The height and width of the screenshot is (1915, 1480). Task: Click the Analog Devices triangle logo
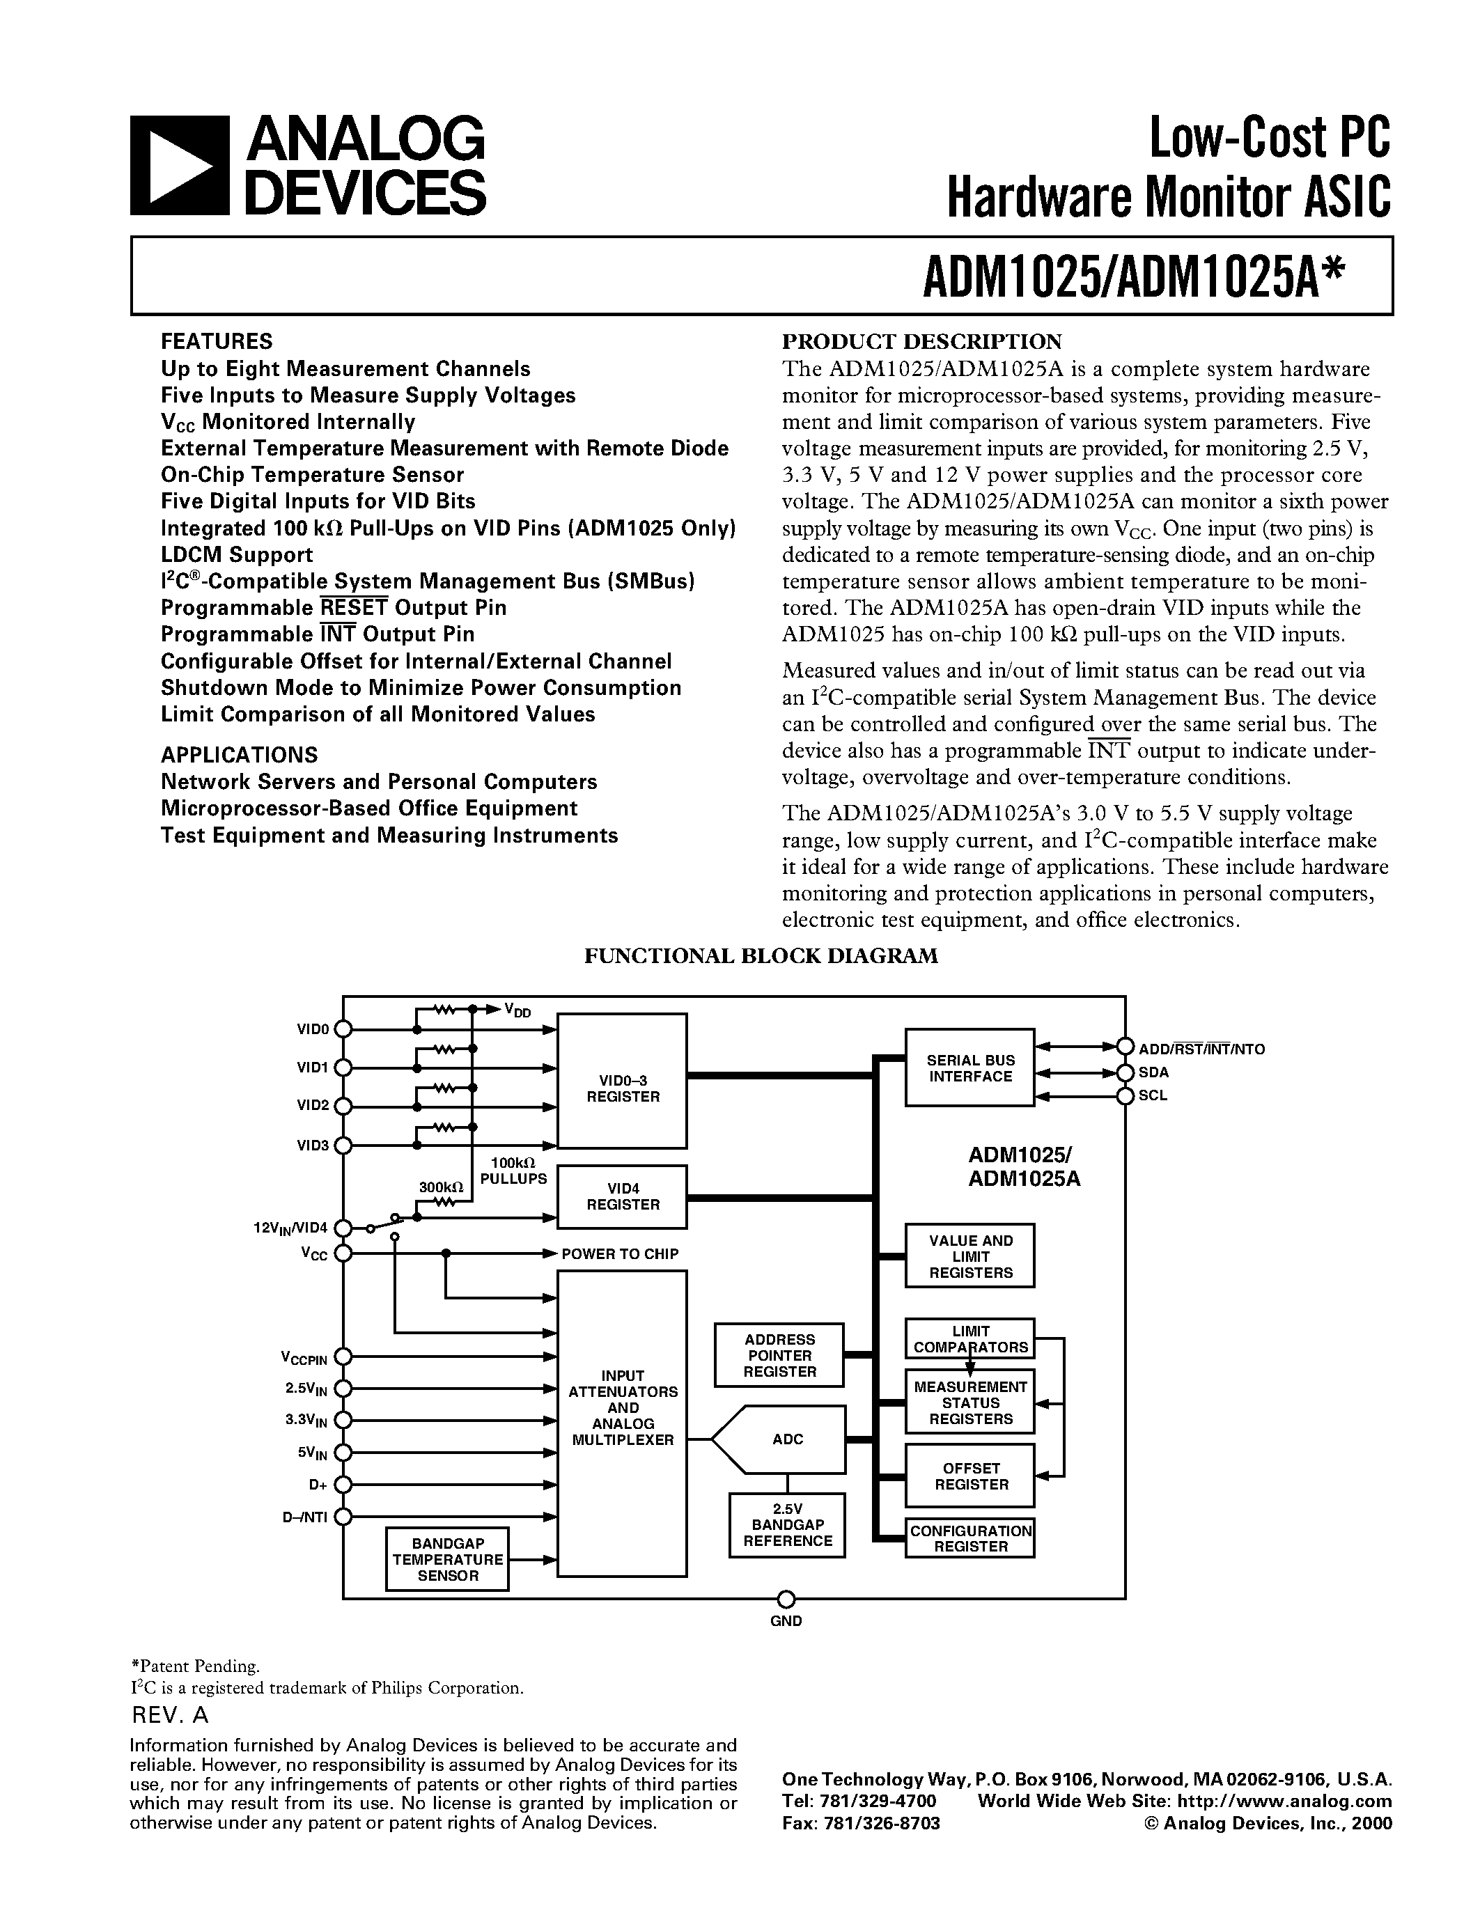pyautogui.click(x=179, y=166)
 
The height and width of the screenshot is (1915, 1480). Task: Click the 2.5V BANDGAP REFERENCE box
pyautogui.click(x=786, y=1526)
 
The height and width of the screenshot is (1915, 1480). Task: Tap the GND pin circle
pyautogui.click(x=786, y=1597)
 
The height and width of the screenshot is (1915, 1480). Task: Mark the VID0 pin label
pyautogui.click(x=312, y=1029)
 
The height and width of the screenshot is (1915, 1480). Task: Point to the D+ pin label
pyautogui.click(x=318, y=1485)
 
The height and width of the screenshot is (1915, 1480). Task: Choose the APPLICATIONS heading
pyautogui.click(x=238, y=755)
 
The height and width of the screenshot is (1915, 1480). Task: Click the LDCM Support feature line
pyautogui.click(x=237, y=555)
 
